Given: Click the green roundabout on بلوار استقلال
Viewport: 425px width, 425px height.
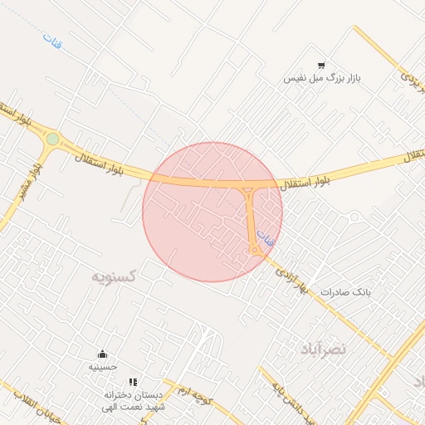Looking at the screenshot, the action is coord(53,139).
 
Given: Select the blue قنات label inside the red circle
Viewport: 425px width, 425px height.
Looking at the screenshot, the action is coord(265,238).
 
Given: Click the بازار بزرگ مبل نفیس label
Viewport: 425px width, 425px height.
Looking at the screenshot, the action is coord(323,78).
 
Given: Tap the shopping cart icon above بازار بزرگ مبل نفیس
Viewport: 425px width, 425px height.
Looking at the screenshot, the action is coord(321,65).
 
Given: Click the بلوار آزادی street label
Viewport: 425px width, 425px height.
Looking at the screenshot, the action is coord(291,279).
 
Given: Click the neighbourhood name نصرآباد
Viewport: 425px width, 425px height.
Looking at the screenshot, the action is coord(342,349).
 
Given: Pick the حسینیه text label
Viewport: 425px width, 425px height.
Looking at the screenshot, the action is coord(103,366).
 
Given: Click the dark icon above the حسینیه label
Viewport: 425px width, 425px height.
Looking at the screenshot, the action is coord(103,354).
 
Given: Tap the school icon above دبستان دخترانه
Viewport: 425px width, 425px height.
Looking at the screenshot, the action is coord(133,383).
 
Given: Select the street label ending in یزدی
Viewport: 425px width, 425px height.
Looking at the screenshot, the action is coord(412,80).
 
